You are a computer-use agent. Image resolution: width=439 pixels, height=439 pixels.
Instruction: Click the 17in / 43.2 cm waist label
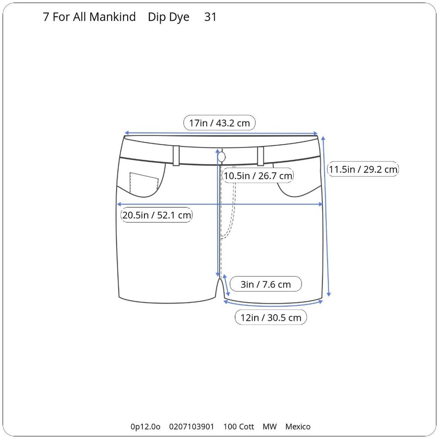(219, 122)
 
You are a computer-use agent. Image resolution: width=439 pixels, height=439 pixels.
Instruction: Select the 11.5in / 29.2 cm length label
(363, 169)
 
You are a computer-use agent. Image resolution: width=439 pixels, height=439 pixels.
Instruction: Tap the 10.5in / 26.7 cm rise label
(258, 176)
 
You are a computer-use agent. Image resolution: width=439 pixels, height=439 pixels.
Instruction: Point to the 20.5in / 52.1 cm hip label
(157, 215)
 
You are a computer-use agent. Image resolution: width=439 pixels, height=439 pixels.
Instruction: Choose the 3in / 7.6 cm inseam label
(266, 284)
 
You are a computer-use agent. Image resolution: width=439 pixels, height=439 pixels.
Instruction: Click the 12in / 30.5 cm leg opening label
(271, 317)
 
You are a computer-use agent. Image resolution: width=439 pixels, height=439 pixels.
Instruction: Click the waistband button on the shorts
(222, 157)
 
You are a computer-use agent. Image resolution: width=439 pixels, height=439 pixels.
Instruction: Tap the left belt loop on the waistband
(176, 156)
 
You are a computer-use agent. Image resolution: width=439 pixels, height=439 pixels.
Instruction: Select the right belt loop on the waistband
(260, 156)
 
